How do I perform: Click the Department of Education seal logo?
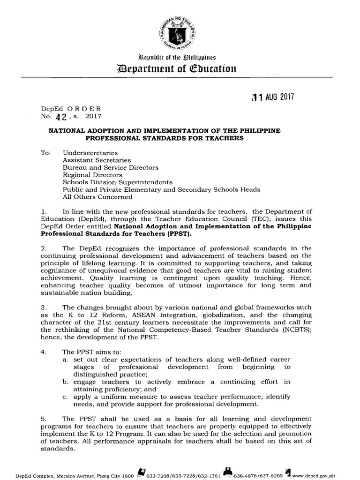point(180,32)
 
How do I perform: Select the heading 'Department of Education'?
point(180,69)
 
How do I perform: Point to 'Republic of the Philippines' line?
point(180,58)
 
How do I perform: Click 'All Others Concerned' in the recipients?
point(97,197)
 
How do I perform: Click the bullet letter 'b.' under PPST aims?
point(66,382)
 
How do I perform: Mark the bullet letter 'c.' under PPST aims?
point(66,397)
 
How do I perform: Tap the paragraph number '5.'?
point(45,418)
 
